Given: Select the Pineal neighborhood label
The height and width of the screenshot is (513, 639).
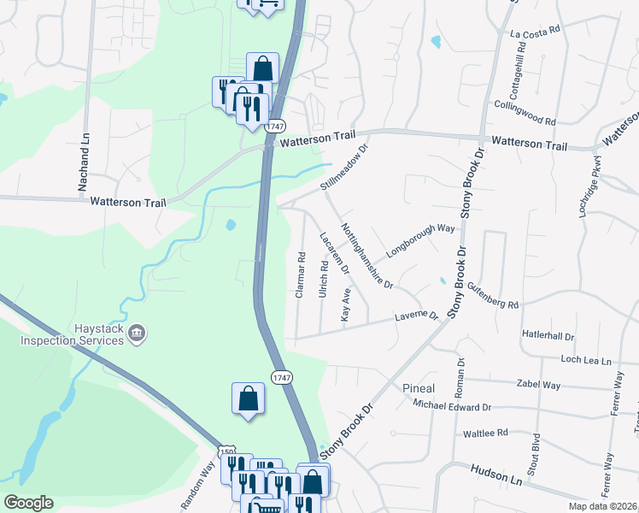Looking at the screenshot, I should [x=419, y=388].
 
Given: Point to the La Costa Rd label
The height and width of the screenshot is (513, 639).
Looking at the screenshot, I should [x=535, y=32].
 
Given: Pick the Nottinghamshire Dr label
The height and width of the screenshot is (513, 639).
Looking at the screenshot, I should [x=366, y=256].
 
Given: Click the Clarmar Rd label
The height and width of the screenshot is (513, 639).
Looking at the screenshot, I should [x=300, y=274].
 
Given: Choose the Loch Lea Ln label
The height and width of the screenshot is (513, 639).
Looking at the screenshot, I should [x=586, y=361].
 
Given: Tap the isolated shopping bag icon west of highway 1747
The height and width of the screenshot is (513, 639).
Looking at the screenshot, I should [x=248, y=398].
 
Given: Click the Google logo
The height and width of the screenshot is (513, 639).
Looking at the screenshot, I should [x=28, y=503].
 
